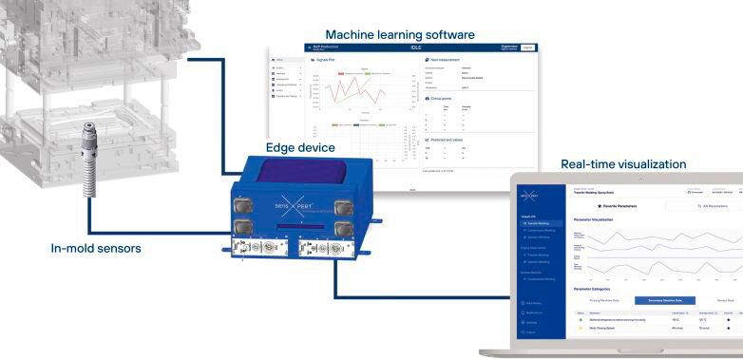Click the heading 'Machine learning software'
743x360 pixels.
[399, 35]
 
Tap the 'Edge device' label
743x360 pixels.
[299, 147]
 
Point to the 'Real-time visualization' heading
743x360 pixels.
[623, 164]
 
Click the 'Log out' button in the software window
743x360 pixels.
[528, 47]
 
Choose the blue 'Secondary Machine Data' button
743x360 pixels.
[665, 300]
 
